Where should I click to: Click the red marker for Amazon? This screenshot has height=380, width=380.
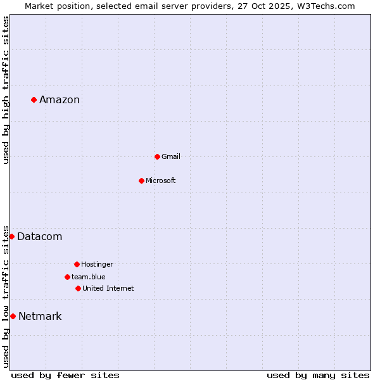(34, 99)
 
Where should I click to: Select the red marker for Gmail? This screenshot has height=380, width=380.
(157, 156)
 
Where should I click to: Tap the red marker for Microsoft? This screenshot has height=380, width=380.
(141, 180)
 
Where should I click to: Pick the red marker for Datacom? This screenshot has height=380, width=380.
(11, 236)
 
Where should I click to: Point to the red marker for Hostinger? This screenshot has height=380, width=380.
(77, 264)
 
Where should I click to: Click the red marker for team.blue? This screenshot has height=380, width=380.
(67, 277)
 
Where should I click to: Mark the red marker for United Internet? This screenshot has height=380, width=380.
(78, 288)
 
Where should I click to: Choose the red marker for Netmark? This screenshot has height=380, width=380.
(13, 316)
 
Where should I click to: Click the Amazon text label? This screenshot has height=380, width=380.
(60, 99)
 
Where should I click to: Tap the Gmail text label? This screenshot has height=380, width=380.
(171, 156)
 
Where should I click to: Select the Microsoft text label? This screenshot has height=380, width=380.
(161, 180)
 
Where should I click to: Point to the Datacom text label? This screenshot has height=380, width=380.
(40, 236)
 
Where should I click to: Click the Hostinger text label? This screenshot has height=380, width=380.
(97, 264)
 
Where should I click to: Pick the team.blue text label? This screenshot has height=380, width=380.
(89, 277)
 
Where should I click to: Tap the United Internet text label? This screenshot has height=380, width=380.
(108, 288)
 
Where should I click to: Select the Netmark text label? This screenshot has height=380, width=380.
(40, 316)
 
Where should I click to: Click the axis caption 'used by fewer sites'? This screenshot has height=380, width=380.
(65, 375)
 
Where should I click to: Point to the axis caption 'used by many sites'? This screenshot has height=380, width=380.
(318, 375)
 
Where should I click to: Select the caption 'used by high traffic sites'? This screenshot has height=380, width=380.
(6, 90)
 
